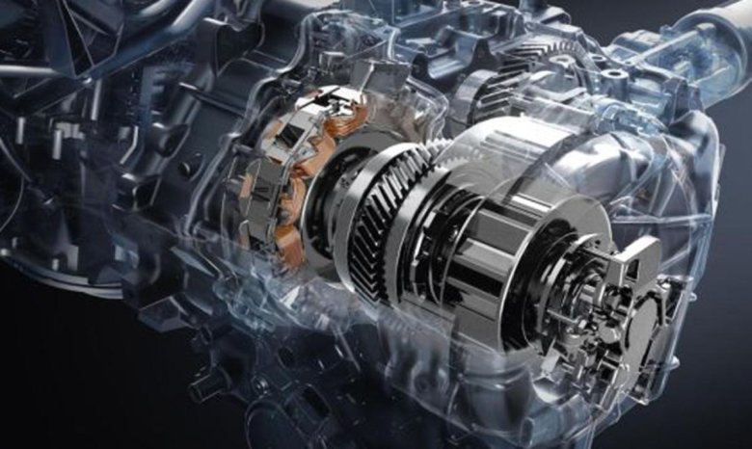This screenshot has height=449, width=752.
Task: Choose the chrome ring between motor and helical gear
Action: [333, 193]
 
